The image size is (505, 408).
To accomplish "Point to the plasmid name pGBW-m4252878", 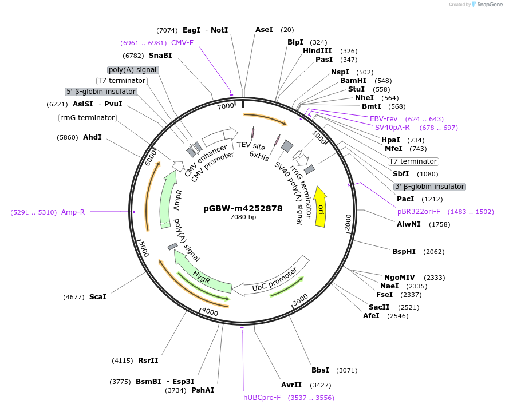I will (243, 208).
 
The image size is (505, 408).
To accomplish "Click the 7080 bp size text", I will (243, 217).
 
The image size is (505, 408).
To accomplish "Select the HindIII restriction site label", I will (317, 51).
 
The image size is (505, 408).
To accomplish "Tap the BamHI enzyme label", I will (353, 81).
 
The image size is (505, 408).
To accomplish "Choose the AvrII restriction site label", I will (291, 385).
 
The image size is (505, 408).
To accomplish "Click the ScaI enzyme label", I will (98, 297).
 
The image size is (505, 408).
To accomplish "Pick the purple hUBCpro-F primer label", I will (262, 397).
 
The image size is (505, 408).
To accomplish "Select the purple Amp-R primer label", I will (73, 212).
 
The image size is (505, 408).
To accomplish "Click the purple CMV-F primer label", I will (182, 42).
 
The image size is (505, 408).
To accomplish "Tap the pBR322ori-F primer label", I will (419, 211).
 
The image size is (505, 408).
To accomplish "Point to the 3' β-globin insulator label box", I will (429, 187).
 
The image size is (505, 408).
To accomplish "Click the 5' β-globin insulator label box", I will (101, 92).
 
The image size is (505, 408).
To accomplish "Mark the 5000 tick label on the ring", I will (144, 249).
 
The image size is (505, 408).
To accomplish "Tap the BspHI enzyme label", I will (404, 252).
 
